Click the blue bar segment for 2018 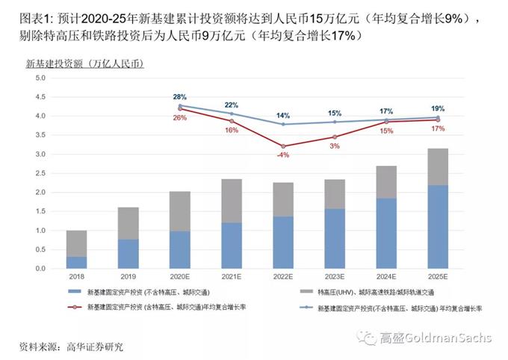(75, 262)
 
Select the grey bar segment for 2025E (439, 167)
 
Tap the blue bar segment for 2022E (283, 243)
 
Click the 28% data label (179, 97)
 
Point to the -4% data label (283, 155)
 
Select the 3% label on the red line (334, 146)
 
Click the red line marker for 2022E (283, 146)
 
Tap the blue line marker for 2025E (439, 117)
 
